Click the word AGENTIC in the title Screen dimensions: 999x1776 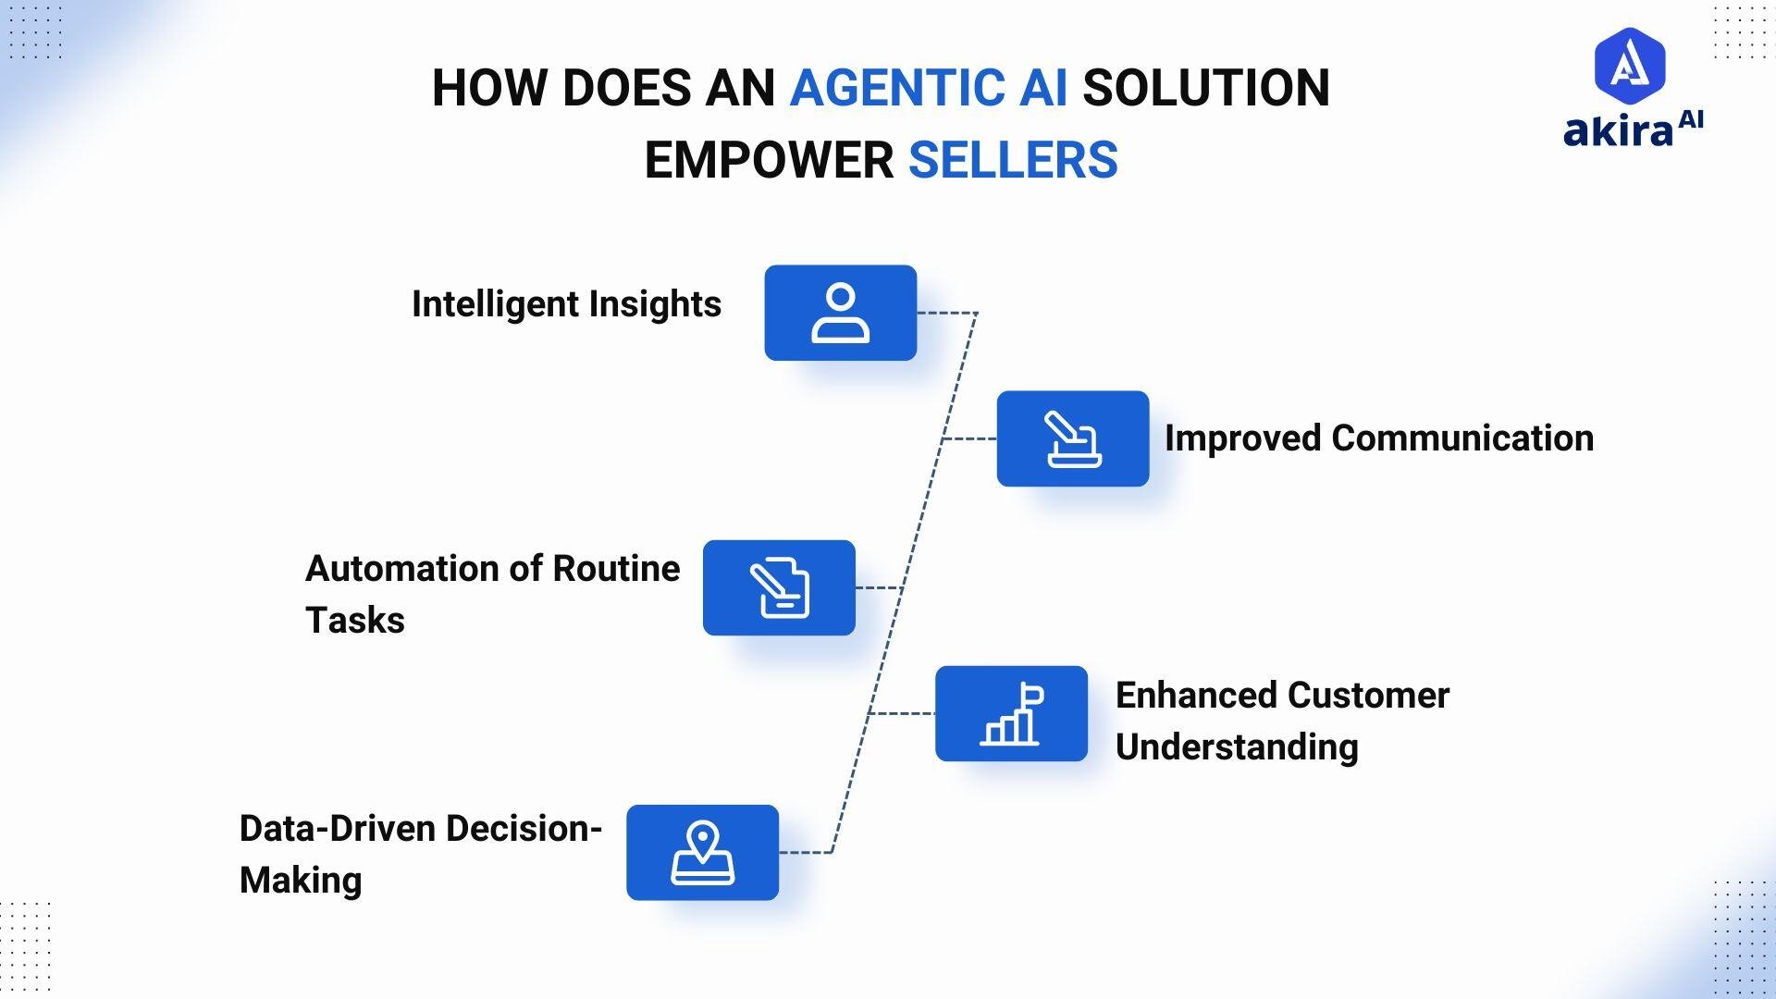[x=894, y=89]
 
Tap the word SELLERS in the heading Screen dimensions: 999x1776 [x=1013, y=161]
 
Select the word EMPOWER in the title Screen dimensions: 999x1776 [x=769, y=161]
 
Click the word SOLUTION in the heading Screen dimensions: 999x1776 [x=1205, y=89]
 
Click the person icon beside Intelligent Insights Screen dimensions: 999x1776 [x=840, y=314]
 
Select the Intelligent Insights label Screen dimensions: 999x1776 [x=566, y=304]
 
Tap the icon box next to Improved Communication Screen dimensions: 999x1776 [x=1073, y=438]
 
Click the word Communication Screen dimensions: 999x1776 [x=1462, y=438]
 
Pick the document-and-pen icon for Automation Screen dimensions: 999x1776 [x=779, y=588]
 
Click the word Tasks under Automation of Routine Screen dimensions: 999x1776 [x=355, y=621]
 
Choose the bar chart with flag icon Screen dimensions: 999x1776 [x=1011, y=714]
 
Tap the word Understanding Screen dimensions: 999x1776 [x=1237, y=747]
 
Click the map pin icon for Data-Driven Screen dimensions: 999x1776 [x=702, y=853]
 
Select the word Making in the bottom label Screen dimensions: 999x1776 [x=301, y=881]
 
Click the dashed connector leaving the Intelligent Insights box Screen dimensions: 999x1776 [x=945, y=314]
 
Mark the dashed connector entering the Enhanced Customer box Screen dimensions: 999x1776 [x=903, y=714]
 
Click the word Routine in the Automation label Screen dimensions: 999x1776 [x=616, y=569]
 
